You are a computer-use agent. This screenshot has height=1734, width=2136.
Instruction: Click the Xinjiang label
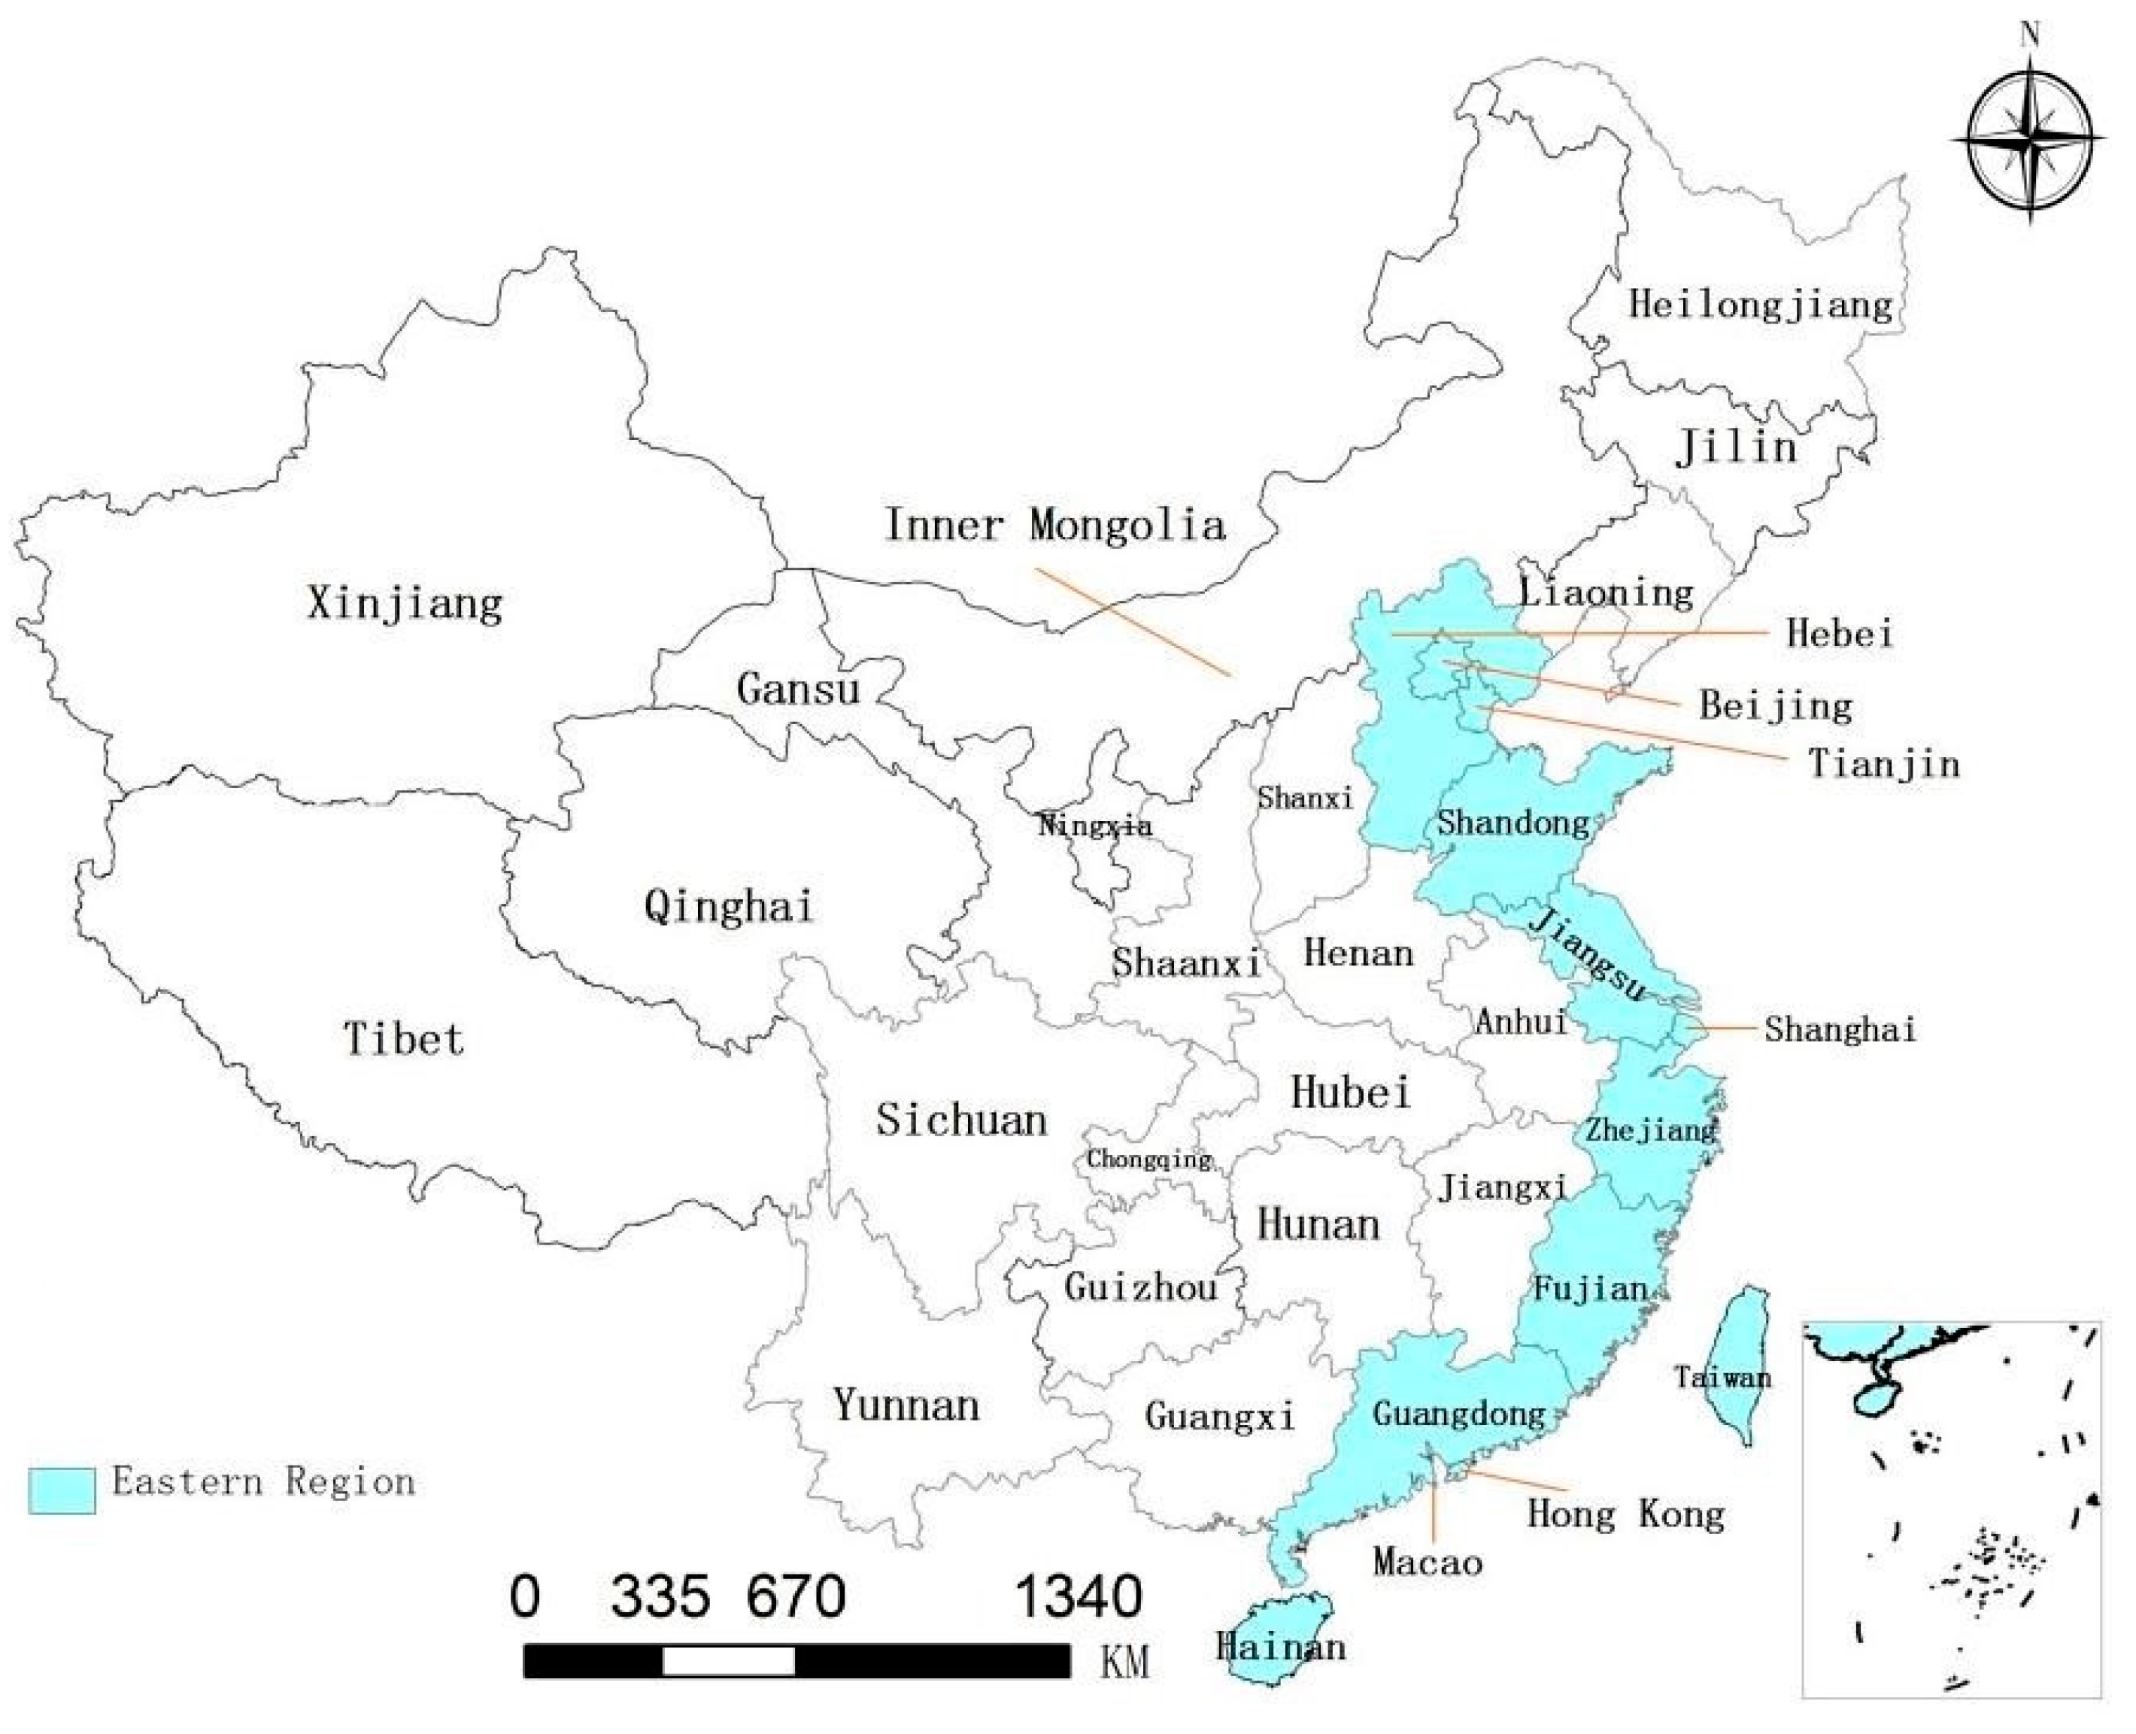coord(404,603)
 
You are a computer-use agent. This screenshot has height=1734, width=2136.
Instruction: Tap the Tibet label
coord(404,1038)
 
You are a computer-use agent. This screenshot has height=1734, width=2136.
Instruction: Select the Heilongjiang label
coord(1761,305)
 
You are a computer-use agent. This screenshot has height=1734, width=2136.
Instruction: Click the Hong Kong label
coord(1625,1514)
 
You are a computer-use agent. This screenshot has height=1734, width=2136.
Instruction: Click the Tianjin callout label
coord(1884,764)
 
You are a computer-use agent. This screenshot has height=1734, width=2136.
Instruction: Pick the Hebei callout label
coord(1839,633)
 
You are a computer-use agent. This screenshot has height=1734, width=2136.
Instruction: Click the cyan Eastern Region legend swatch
coord(62,1490)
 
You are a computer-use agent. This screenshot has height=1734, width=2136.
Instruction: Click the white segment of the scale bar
coord(728,1662)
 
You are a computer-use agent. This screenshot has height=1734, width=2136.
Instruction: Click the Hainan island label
coord(1280,1646)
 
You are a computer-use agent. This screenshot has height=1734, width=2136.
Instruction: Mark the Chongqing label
coord(1149,1160)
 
